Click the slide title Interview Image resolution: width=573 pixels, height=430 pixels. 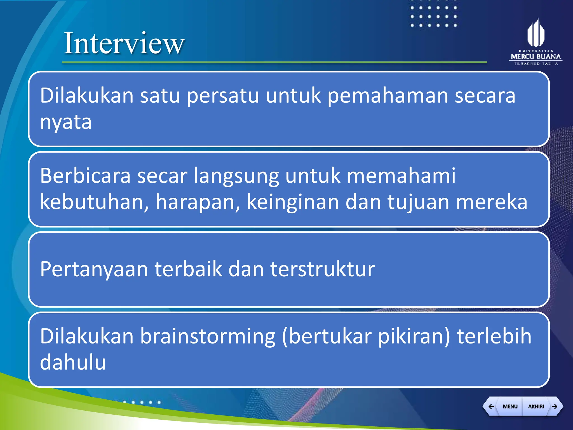124,43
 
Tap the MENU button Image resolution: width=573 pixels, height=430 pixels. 510,406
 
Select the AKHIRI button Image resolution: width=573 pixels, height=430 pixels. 536,406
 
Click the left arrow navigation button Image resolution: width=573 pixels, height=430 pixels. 491,406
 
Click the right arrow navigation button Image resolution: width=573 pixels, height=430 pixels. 555,406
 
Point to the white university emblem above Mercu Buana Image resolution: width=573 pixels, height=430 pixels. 536,33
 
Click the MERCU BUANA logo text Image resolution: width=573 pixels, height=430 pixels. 536,57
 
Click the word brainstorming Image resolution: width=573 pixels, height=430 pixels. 208,336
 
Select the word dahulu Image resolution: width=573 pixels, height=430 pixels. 73,362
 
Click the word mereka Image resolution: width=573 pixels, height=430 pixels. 492,202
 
